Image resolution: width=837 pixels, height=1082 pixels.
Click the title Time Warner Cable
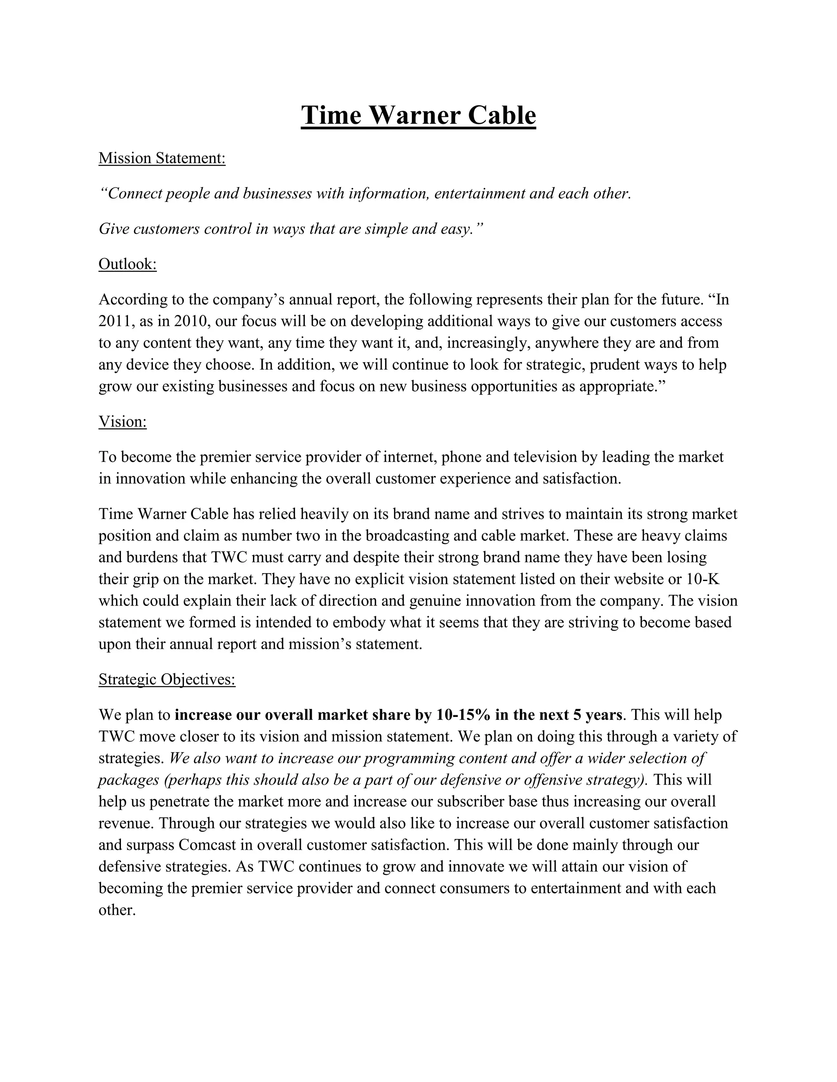tap(418, 116)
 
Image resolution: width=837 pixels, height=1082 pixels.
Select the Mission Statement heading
tap(162, 158)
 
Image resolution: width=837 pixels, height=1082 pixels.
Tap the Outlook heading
tap(128, 264)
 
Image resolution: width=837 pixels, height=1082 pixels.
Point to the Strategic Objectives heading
tap(167, 679)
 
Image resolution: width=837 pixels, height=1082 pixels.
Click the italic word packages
tap(128, 780)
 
